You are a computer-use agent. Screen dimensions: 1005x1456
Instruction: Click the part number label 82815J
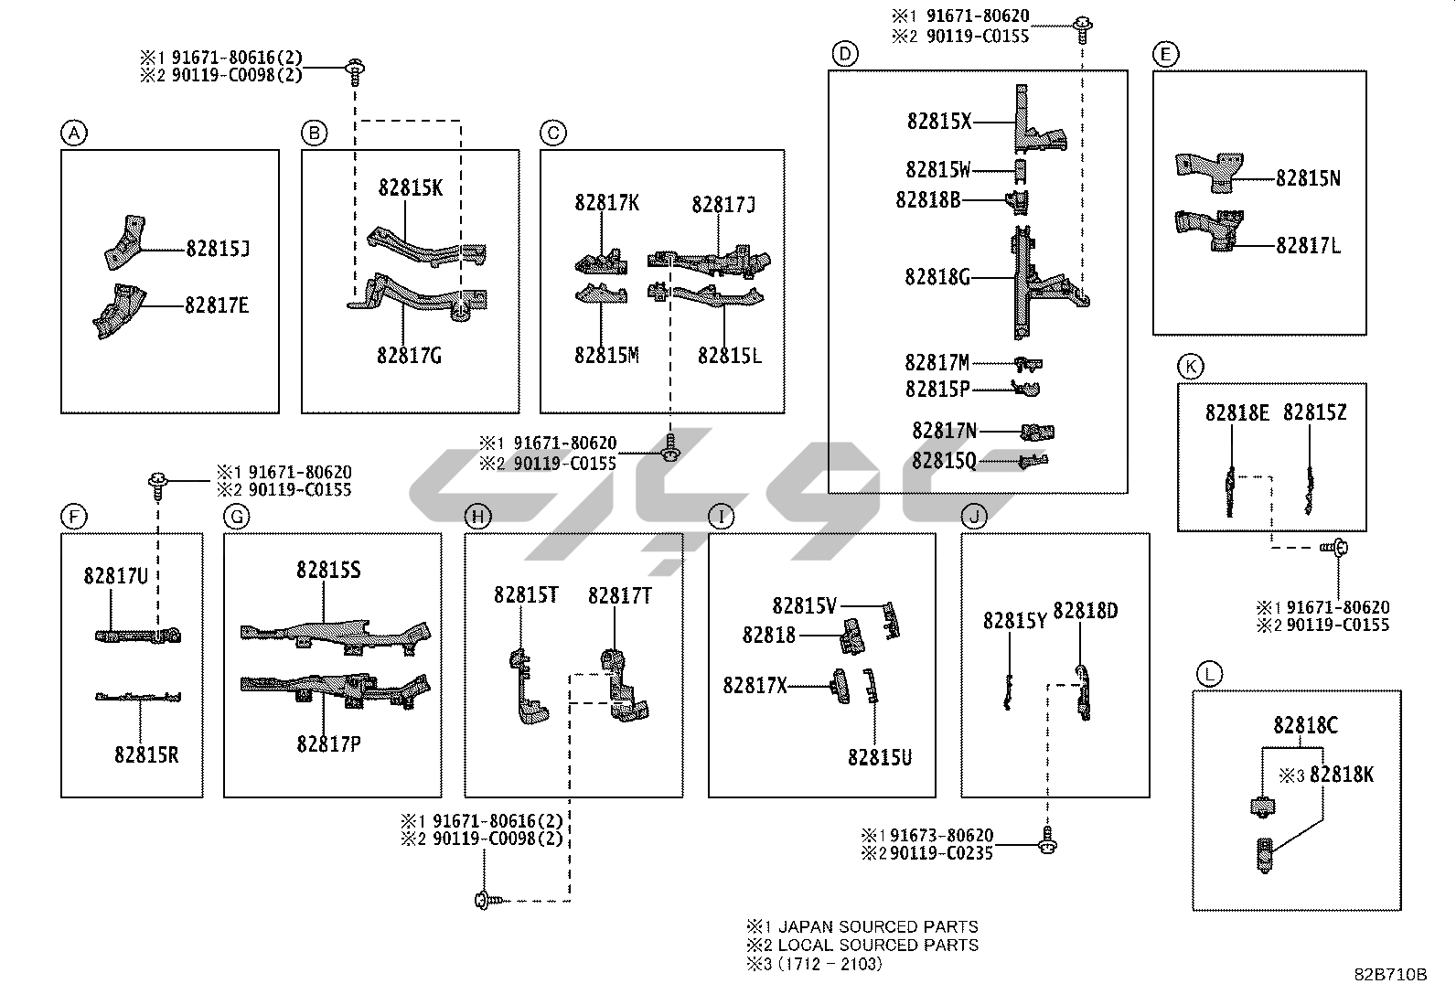coord(218,249)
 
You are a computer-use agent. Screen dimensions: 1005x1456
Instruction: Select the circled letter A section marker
coord(73,134)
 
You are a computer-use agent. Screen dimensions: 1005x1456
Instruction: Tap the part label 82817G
coord(409,355)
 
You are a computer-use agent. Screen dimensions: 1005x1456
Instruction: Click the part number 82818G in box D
coord(937,276)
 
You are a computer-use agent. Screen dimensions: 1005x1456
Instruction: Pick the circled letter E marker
coord(1165,55)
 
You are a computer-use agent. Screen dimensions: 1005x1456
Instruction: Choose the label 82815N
coord(1308,178)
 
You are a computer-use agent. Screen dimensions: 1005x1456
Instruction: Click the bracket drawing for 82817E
coord(119,314)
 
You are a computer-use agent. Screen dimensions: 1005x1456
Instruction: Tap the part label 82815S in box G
coord(328,571)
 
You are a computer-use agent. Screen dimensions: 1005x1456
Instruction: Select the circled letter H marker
coord(477,518)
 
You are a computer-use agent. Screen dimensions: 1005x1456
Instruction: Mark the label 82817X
coord(755,685)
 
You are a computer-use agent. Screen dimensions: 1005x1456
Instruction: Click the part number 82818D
coord(1086,611)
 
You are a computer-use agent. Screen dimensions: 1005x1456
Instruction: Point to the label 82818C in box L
coord(1305,725)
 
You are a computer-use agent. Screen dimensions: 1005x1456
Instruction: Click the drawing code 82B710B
coord(1390,975)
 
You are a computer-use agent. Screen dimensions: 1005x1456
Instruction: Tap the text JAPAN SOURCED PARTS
coord(878,927)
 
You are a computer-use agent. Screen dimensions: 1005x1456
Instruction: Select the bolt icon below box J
coord(1048,843)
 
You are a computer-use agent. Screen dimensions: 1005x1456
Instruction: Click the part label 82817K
coord(607,203)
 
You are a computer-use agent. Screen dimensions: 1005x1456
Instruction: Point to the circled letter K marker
coord(1190,368)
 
